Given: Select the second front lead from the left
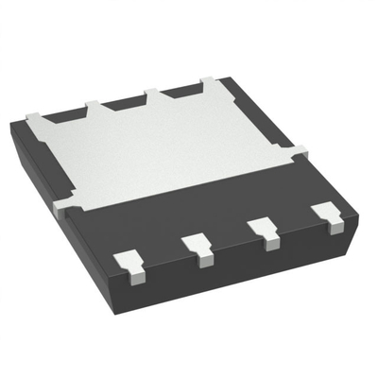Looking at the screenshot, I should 199,247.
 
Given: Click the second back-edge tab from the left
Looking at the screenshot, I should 92,106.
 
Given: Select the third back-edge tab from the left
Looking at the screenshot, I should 152,94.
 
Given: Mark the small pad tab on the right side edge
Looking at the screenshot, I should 300,150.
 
